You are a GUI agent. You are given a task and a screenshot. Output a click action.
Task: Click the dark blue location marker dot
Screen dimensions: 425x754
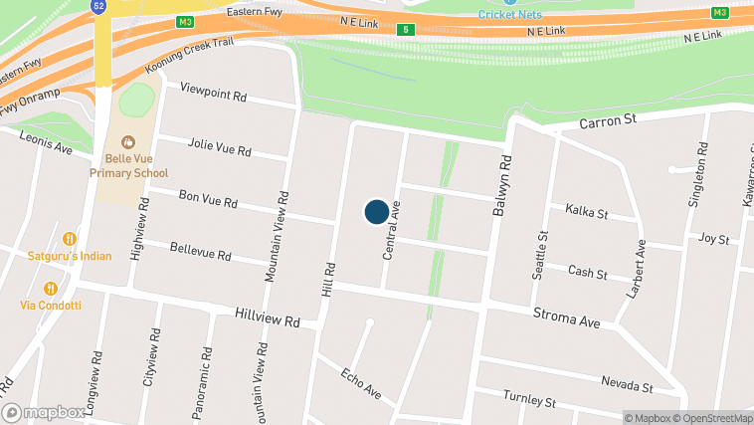pyautogui.click(x=376, y=212)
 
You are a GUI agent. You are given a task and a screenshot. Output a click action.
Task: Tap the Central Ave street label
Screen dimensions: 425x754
pyautogui.click(x=392, y=230)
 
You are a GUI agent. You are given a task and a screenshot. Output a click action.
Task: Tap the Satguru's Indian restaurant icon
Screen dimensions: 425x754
pyautogui.click(x=70, y=239)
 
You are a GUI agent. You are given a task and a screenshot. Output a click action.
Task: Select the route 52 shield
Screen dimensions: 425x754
pyautogui.click(x=98, y=5)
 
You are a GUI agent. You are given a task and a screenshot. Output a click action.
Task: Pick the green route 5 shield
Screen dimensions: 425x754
pyautogui.click(x=406, y=30)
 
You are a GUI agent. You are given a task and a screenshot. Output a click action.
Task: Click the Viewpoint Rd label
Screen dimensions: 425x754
pyautogui.click(x=213, y=95)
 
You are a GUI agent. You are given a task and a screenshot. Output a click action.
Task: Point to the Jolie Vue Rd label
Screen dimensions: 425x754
pyautogui.click(x=219, y=150)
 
